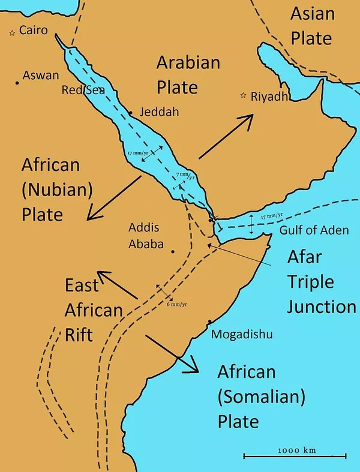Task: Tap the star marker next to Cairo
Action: coord(12,34)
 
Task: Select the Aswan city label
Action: coord(41,76)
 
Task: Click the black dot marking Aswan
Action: coord(17,82)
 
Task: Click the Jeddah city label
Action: coord(158,112)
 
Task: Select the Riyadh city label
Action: coord(270,96)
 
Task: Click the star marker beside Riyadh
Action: coord(244,95)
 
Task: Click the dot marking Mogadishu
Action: coord(209,322)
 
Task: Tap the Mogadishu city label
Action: coord(242,334)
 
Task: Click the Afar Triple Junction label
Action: coord(320,282)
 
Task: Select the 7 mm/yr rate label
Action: coord(185,175)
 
